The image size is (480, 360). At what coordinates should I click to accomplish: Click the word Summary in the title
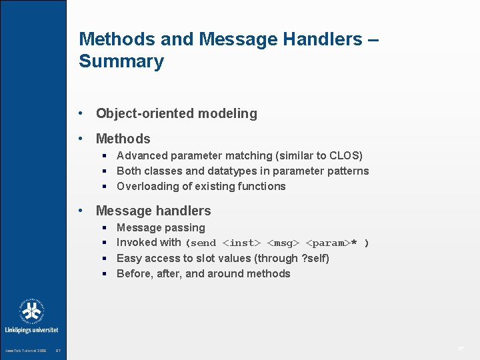click(121, 61)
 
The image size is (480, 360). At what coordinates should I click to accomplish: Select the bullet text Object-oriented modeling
click(176, 113)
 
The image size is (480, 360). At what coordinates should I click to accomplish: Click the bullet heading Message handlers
click(153, 211)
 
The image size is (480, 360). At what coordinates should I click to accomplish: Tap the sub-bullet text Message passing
click(161, 227)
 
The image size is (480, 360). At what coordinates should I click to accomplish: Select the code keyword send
click(203, 243)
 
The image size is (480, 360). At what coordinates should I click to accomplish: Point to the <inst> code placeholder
click(241, 243)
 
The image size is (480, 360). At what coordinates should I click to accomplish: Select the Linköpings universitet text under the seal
click(31, 329)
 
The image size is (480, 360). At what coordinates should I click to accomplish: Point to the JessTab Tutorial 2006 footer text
click(25, 351)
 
